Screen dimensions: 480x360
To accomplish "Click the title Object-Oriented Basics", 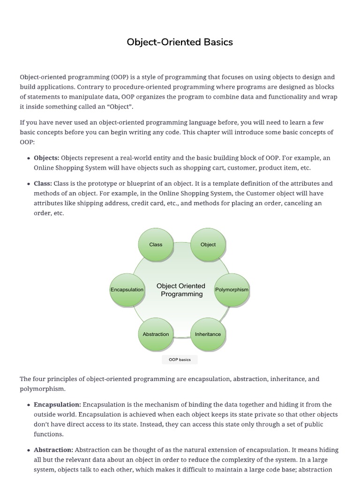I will click(180, 42).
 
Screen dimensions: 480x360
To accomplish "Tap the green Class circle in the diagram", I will click(156, 244).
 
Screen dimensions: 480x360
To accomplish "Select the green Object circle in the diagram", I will click(208, 244).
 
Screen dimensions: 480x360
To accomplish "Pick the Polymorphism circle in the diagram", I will click(232, 290).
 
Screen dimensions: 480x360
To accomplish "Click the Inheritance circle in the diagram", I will click(208, 334).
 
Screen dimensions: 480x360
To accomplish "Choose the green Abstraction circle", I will click(156, 334).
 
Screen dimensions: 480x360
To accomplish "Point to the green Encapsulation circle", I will click(127, 290).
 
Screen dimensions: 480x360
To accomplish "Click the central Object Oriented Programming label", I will click(181, 290).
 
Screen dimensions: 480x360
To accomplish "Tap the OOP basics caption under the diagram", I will click(180, 360).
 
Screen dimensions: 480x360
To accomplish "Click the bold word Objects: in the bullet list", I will click(46, 158).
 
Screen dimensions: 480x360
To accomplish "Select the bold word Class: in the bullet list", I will click(43, 184).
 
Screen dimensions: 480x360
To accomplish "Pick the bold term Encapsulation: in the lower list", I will click(57, 405).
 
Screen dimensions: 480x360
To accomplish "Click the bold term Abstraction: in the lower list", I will click(53, 450).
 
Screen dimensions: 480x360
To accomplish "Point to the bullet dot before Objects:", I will click(29, 158).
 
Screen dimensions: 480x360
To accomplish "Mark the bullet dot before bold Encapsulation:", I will click(29, 405).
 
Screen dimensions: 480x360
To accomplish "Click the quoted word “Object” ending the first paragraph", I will click(117, 107).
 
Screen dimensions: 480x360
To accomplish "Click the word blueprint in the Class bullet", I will click(132, 184).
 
